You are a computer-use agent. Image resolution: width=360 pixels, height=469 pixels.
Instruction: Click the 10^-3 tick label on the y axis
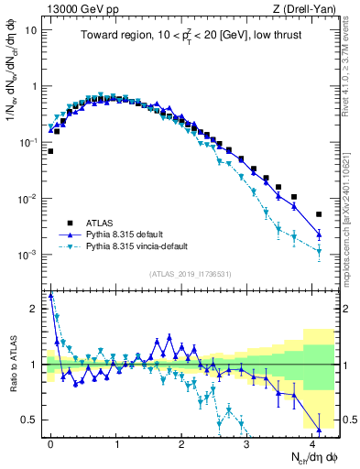(x=27, y=255)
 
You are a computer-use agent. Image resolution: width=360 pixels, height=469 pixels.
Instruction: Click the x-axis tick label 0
(x=51, y=442)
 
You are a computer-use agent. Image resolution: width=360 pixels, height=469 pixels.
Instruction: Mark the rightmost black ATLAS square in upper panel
(x=319, y=214)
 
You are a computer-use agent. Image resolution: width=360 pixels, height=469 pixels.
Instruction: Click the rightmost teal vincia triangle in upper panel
(x=319, y=252)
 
